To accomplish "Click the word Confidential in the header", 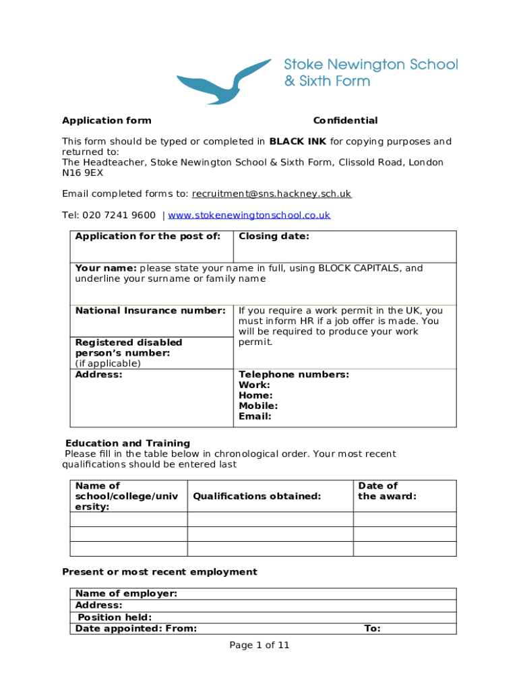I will [345, 121].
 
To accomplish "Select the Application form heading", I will [106, 121].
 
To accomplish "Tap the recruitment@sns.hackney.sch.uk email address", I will [272, 194].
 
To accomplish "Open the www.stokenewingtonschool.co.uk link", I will [249, 216].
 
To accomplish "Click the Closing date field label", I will [274, 237].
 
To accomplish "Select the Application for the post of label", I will [148, 237].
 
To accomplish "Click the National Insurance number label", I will [150, 311].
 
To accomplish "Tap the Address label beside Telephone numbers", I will [98, 375].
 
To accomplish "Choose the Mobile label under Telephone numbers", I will [258, 406].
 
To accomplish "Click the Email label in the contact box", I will [255, 416].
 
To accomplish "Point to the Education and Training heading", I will [127, 443].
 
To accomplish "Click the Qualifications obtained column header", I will [257, 497].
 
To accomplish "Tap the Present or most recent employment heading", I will [160, 572].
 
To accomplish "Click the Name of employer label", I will [126, 594].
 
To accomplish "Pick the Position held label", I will [115, 617].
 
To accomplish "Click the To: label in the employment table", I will [372, 629].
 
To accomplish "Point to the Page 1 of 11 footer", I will [259, 646].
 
